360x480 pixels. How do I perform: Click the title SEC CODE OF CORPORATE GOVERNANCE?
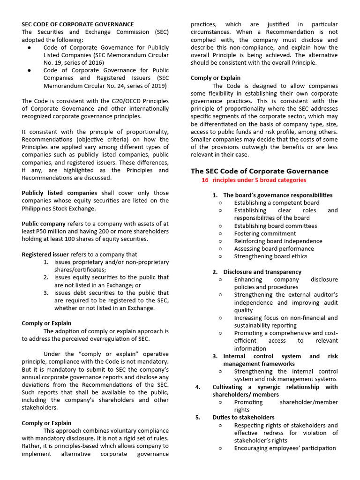[78, 24]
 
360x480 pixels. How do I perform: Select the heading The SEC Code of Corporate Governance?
[259, 171]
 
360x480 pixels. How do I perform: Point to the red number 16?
[205, 180]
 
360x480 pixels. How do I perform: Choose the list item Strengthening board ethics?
[270, 256]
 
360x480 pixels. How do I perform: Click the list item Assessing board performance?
[274, 249]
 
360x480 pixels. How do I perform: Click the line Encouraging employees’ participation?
[285, 448]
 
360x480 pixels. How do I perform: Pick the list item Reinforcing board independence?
[278, 241]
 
